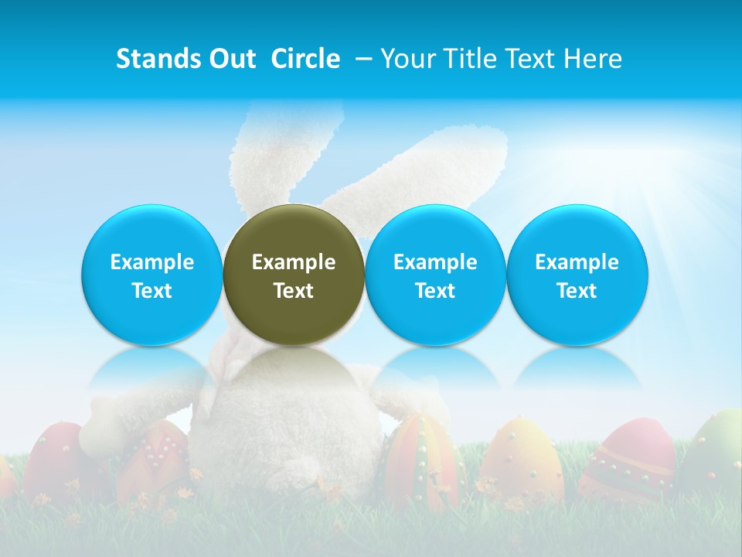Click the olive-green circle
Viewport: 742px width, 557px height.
click(x=294, y=275)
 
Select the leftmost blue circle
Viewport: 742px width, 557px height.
click(x=151, y=275)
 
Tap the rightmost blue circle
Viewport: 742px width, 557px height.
click(x=577, y=275)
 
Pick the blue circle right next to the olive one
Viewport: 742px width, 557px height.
click(x=435, y=275)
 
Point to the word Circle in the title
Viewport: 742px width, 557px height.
click(x=305, y=59)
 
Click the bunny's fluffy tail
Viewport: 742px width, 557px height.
click(x=294, y=468)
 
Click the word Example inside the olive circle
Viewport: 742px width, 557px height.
click(x=294, y=262)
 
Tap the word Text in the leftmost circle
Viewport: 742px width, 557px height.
click(x=151, y=291)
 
